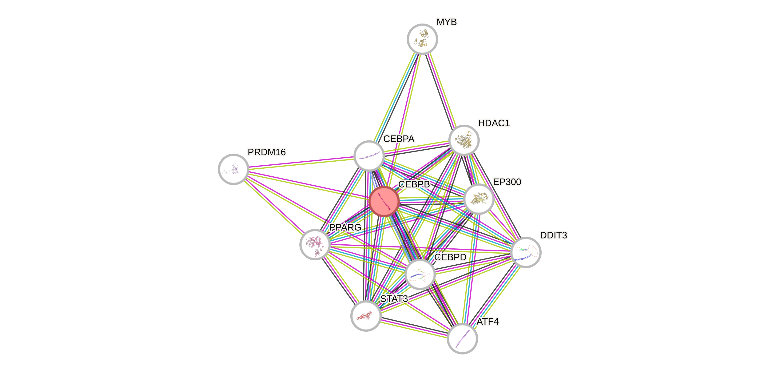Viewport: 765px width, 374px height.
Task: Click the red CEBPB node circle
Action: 384,201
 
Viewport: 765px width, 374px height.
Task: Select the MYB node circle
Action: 422,39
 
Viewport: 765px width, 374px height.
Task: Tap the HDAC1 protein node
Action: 464,140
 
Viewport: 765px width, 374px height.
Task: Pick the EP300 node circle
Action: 478,199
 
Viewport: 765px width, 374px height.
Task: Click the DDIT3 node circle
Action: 526,252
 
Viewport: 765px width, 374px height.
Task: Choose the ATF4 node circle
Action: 462,338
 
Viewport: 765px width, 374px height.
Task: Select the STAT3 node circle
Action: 366,315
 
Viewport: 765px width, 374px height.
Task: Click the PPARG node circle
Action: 315,244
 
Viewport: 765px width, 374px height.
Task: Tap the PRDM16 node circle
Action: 234,169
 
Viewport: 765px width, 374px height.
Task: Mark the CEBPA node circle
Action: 369,156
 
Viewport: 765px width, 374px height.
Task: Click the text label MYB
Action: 446,22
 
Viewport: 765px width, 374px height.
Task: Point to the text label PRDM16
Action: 266,152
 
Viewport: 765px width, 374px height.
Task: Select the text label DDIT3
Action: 553,235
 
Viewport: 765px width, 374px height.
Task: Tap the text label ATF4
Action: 488,321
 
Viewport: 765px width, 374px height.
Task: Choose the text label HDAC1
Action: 494,123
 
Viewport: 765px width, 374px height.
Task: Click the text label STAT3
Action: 394,299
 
